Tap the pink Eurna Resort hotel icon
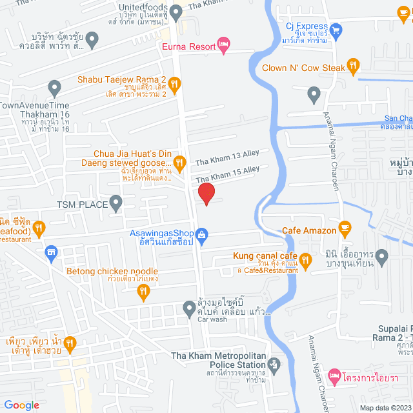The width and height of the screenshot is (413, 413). (x=223, y=44)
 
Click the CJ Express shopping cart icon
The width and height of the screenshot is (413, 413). (x=336, y=28)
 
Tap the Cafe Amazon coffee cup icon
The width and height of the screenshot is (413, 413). (x=345, y=227)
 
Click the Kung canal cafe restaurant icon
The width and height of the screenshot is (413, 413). (x=305, y=260)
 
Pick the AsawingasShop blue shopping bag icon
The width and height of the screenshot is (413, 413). (x=202, y=234)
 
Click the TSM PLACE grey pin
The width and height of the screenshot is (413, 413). (x=116, y=205)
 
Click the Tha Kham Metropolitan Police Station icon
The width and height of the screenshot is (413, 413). (x=274, y=365)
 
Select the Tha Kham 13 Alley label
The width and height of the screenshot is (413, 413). (x=227, y=156)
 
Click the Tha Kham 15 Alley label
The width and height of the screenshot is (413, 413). (x=227, y=173)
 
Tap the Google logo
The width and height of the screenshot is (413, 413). (x=22, y=405)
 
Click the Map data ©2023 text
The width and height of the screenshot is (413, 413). (x=386, y=407)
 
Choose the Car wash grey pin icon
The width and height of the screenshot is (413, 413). (x=188, y=308)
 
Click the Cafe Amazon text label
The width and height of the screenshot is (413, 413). (x=309, y=230)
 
